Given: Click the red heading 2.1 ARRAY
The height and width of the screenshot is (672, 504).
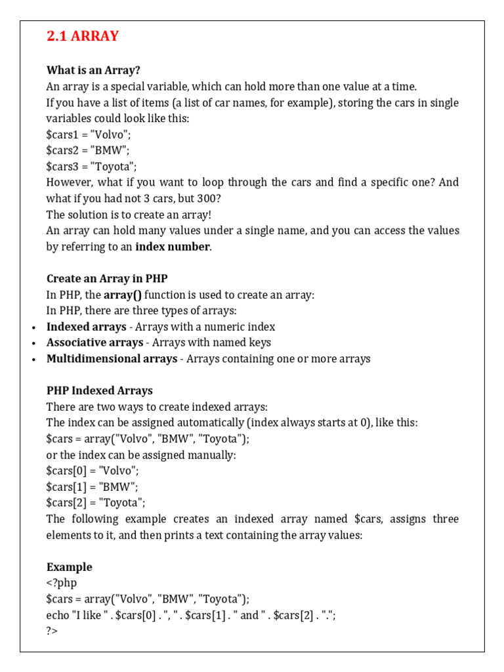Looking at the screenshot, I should click(83, 36).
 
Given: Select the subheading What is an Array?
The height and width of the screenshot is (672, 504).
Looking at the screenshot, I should click(93, 70).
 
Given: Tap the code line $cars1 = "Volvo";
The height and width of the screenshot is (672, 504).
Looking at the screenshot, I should click(88, 135).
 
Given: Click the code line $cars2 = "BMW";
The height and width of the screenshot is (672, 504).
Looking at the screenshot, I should click(88, 150).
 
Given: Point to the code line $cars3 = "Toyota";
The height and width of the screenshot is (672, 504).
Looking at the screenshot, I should click(91, 167).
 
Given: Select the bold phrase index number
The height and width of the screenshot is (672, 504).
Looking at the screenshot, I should click(173, 247).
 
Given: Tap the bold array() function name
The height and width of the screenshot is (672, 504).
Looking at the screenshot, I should click(123, 295).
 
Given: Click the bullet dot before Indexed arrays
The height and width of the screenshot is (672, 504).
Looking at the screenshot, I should click(33, 327).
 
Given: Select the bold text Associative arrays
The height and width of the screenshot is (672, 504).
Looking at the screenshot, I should click(94, 343).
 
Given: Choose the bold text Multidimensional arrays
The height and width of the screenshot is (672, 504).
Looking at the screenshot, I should click(112, 359).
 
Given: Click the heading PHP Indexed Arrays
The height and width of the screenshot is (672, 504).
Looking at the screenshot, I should click(99, 390).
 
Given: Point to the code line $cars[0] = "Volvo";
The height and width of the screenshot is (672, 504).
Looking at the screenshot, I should click(93, 471).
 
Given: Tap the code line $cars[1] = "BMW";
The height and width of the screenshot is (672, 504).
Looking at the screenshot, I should click(92, 487).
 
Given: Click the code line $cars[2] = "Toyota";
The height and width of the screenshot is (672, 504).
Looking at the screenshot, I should click(96, 503).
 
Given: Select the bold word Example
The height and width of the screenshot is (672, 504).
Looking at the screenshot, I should click(69, 567).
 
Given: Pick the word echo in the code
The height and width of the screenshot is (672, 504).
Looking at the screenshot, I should click(58, 615).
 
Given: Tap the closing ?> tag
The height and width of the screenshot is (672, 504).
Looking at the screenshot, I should click(52, 631).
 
